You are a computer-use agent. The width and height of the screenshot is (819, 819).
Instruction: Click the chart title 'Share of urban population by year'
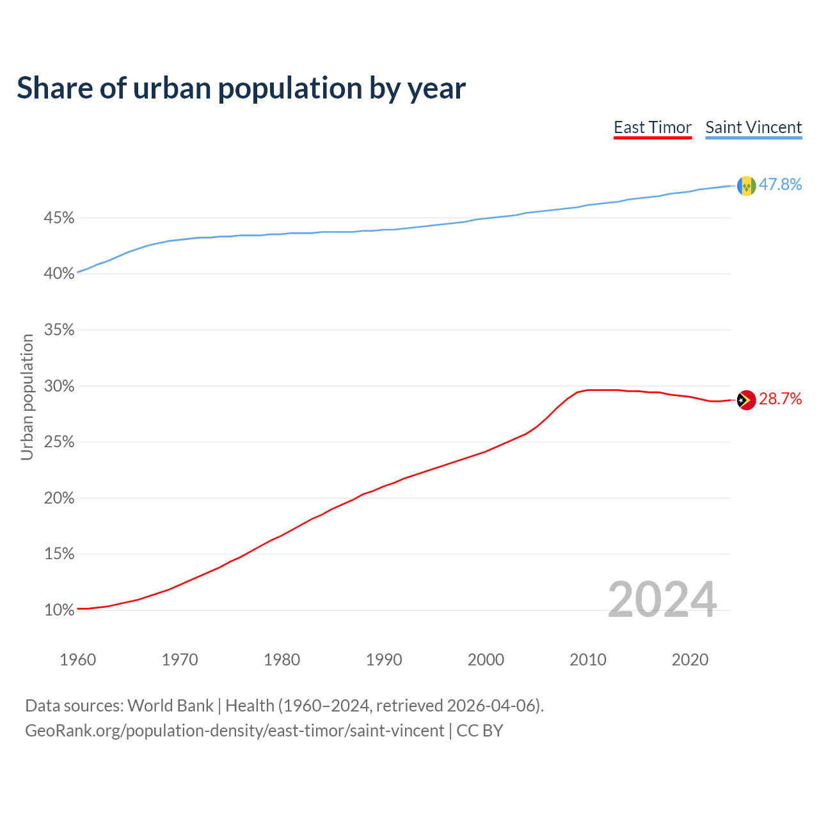coord(241,88)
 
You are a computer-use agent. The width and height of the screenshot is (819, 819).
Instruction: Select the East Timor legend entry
coord(653,127)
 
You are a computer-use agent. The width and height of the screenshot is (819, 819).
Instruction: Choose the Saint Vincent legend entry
coord(753,127)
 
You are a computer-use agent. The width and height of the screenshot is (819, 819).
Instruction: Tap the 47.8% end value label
coord(780,185)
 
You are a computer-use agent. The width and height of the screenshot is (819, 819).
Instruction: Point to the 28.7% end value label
coord(780,399)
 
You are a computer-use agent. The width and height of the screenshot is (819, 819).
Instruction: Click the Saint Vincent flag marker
coord(746,186)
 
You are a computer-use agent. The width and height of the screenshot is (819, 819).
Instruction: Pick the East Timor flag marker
coord(746,400)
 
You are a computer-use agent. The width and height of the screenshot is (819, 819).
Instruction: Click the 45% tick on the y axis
coord(59,218)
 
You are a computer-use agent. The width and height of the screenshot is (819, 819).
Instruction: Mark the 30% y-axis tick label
coord(59,386)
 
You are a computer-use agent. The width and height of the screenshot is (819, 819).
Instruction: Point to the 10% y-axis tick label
coord(59,610)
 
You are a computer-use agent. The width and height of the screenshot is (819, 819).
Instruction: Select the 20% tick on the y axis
coord(59,498)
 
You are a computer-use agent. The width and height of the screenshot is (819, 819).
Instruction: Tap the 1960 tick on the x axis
coord(77,660)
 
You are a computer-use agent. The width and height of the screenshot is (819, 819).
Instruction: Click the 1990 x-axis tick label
coord(384,660)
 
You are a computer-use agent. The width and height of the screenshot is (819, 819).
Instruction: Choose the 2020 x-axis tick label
coord(690,660)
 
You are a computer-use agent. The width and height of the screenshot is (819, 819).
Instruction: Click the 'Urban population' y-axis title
coord(27,397)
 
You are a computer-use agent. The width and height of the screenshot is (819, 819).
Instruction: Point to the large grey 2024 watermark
coord(662,600)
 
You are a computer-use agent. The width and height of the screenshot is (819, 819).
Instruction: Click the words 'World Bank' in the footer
coord(170,706)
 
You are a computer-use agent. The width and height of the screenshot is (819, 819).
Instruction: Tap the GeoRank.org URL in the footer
coord(234,731)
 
